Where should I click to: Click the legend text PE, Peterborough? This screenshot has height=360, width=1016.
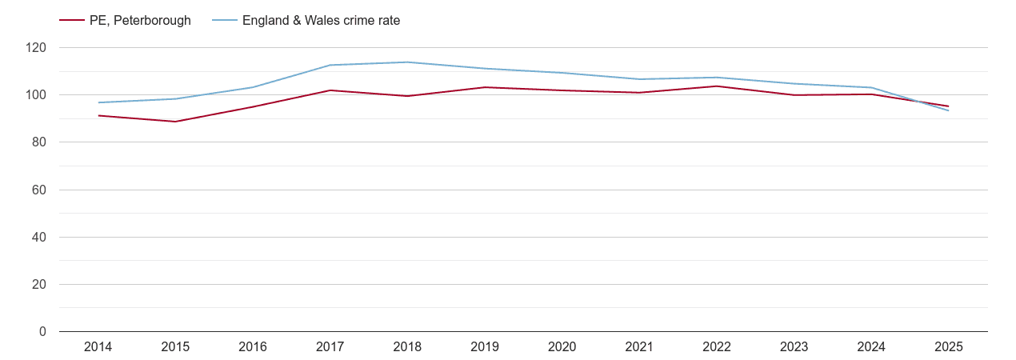tap(140, 21)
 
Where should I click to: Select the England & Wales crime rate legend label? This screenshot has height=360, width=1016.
tap(321, 21)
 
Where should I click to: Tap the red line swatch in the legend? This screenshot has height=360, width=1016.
tap(72, 21)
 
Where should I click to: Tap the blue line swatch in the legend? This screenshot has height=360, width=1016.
tap(225, 21)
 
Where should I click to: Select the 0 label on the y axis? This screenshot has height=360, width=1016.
tap(43, 332)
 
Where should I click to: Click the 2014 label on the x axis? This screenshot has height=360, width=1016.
tap(98, 347)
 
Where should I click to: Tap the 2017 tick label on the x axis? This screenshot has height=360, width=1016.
tap(330, 347)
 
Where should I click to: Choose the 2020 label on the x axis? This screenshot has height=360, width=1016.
tap(562, 347)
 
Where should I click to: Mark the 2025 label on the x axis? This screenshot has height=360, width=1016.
tap(949, 347)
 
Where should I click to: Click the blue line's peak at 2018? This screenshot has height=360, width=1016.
tap(407, 62)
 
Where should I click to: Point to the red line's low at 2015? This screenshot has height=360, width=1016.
tap(175, 122)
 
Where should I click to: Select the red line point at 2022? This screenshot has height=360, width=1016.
tap(717, 86)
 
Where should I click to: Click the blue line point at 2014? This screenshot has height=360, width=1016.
tap(98, 102)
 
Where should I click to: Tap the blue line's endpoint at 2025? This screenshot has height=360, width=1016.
tap(949, 110)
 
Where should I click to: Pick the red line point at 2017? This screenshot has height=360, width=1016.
tap(330, 90)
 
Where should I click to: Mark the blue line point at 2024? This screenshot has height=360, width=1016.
tap(871, 88)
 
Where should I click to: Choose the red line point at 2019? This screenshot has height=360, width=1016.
tap(485, 87)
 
